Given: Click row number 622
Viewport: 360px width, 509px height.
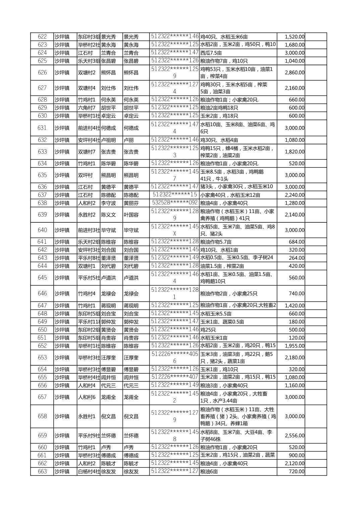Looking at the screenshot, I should tap(42, 37).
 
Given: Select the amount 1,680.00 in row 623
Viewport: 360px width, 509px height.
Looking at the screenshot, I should tap(295, 45).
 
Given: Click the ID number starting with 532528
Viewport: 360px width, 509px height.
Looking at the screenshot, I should tap(175, 203).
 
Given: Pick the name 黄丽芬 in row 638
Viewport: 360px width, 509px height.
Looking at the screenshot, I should tap(131, 203).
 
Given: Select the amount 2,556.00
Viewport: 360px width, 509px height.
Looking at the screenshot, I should tap(295, 436).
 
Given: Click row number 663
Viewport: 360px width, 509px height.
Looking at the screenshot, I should tap(42, 471).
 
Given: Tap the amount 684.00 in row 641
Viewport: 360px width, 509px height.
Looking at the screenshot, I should tap(297, 242).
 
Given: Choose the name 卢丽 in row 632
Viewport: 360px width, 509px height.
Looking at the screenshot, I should tap(129, 140).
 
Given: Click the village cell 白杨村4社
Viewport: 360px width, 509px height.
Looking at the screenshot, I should tap(89, 471).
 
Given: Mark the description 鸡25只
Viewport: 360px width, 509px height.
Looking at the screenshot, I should tap(208, 330).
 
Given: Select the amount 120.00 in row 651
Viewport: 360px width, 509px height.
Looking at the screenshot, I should tap(297, 338).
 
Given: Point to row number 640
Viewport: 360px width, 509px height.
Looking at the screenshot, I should tap(42, 230).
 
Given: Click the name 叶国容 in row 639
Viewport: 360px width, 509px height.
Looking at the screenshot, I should tap(131, 215).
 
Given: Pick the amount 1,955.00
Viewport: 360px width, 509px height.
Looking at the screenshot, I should tap(295, 346).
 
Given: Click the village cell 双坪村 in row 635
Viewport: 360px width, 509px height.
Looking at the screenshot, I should tap(85, 175).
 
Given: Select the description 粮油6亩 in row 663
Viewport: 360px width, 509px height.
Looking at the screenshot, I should tap(209, 471).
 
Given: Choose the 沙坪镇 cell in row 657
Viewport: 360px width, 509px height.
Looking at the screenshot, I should tap(62, 397).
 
